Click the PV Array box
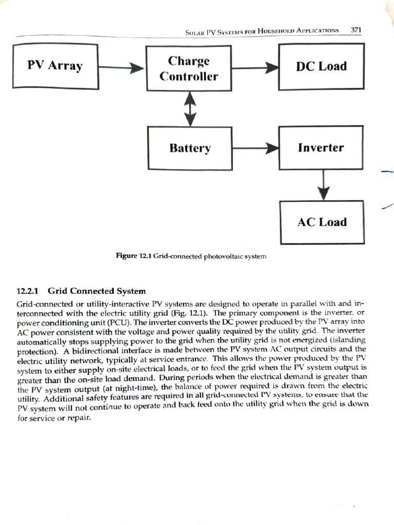pos(54,66)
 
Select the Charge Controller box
pos(188,69)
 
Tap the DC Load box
pos(321,66)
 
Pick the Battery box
pos(190,149)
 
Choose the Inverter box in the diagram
pos(321,148)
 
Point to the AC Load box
pos(322,222)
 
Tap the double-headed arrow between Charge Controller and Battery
pos(190,108)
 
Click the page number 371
pos(356,30)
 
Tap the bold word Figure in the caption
pos(127,255)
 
